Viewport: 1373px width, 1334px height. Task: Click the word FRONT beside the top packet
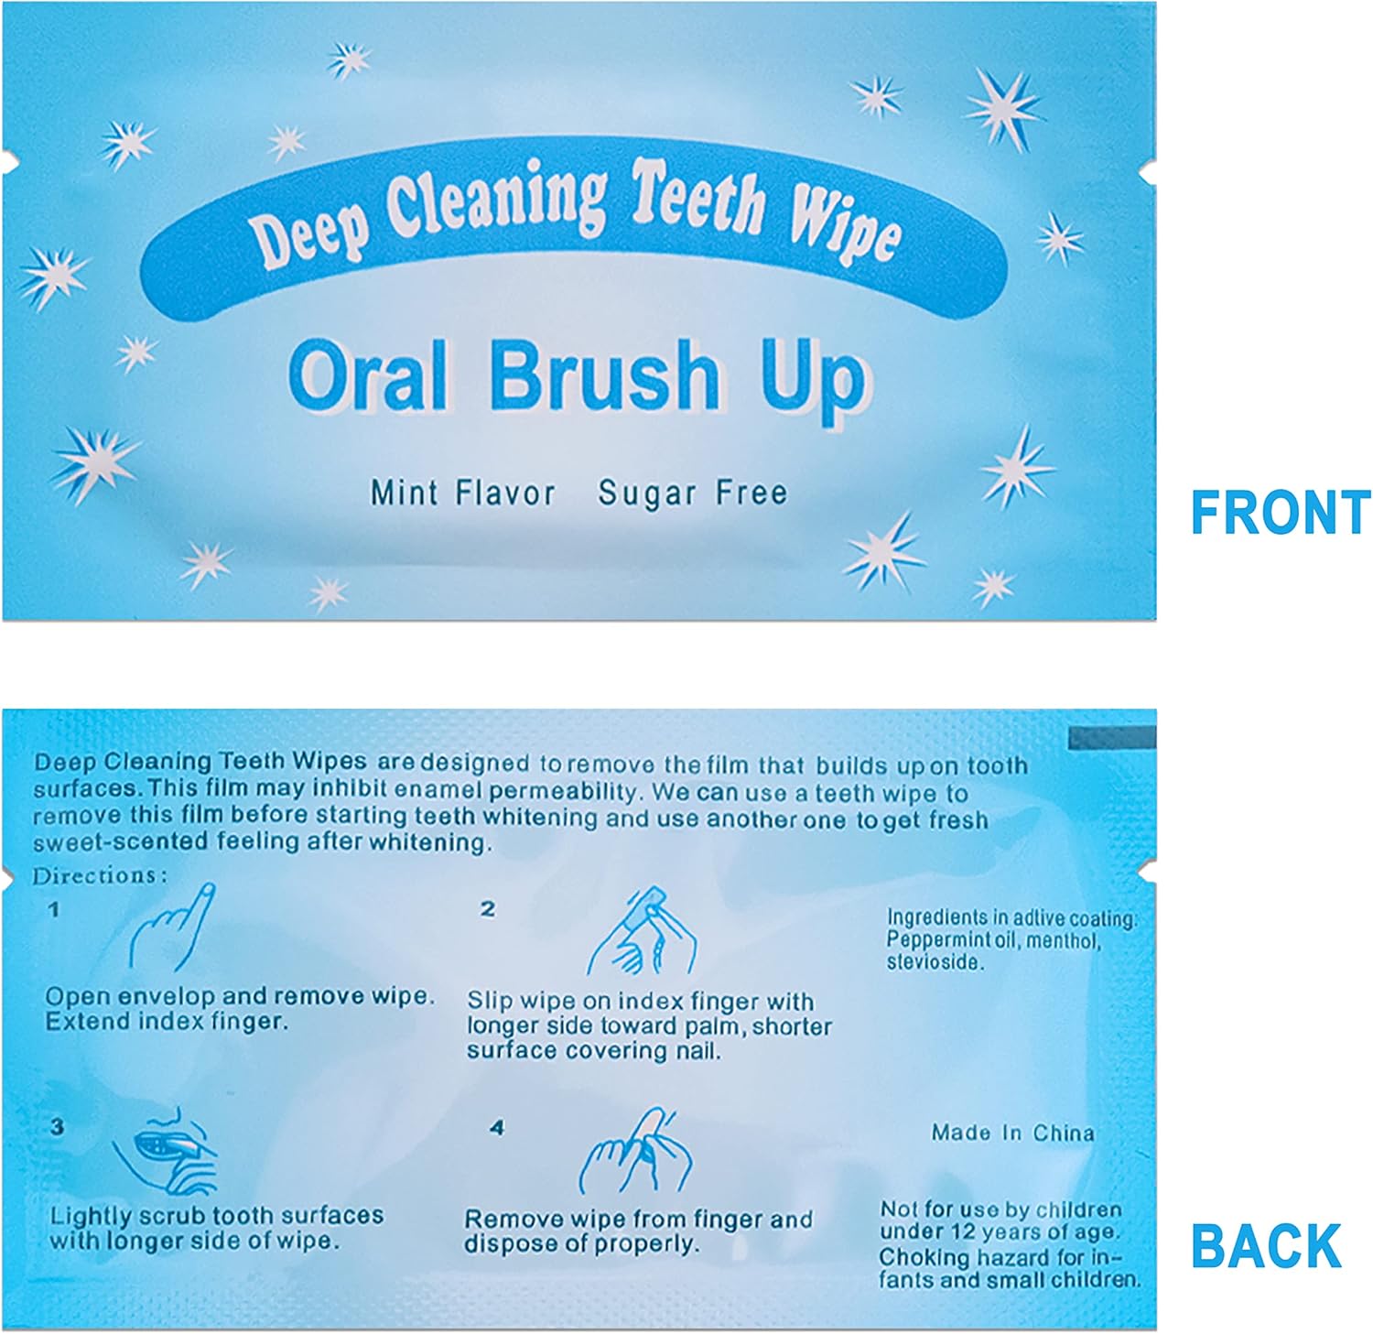1280,513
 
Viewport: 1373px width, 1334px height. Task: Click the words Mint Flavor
462,493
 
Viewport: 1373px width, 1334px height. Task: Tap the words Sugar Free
692,493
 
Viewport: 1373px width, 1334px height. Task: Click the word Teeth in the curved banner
699,196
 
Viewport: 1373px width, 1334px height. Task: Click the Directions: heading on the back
100,876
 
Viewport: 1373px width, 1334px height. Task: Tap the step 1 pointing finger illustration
173,927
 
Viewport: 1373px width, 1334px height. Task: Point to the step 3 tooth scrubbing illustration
165,1155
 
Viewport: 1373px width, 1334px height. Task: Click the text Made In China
1012,1133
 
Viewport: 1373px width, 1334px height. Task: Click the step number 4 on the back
497,1128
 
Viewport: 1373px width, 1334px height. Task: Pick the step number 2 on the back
488,908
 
